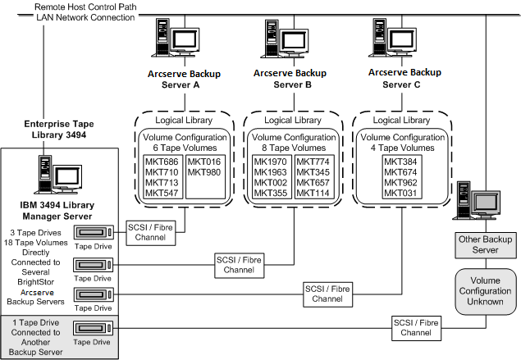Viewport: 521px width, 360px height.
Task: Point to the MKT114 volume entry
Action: [313, 193]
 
